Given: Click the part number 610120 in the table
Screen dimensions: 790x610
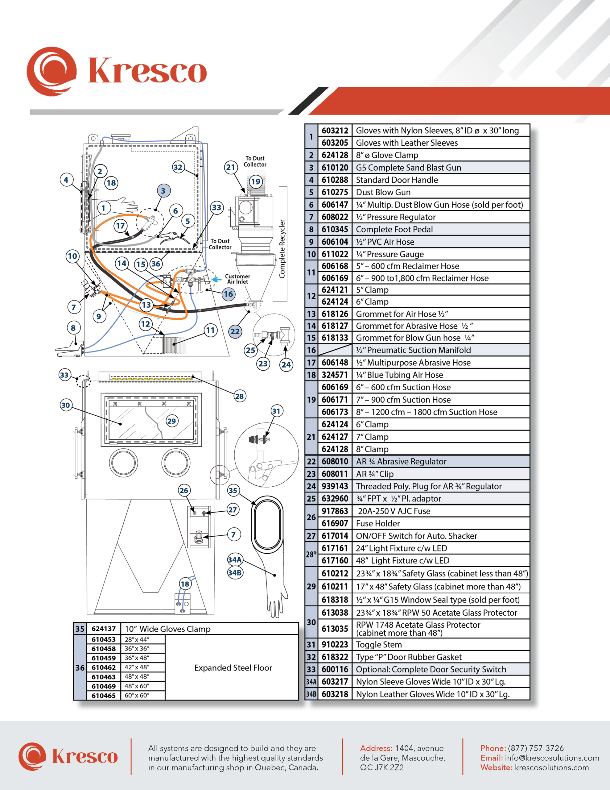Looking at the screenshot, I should coord(335,168).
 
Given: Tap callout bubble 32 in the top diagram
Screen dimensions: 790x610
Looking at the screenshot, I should coord(178,167).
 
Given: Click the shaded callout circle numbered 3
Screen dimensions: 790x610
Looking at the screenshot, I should coord(163,191).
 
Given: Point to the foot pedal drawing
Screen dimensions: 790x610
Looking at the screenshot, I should coord(70,348).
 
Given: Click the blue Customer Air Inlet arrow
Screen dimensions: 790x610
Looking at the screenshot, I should coord(216,279).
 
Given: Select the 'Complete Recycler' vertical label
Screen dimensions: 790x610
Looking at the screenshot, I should coord(282,249).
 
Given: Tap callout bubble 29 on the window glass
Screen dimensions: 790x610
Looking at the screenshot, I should coord(172,421).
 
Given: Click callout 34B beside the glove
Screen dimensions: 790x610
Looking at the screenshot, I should coord(235,573).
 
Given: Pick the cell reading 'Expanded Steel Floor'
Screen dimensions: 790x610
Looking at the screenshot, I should coord(233,668).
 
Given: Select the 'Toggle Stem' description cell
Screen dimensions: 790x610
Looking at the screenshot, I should coord(379,645).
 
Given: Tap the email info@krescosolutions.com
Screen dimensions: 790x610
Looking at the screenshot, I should coord(552,758).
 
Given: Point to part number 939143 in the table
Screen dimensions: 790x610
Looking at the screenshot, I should coord(335,486).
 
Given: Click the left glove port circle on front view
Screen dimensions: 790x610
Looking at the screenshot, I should coord(124,462).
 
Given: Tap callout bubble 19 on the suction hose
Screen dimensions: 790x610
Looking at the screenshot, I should coord(256,181).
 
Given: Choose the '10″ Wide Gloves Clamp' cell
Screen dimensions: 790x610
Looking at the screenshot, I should coord(167,629).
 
